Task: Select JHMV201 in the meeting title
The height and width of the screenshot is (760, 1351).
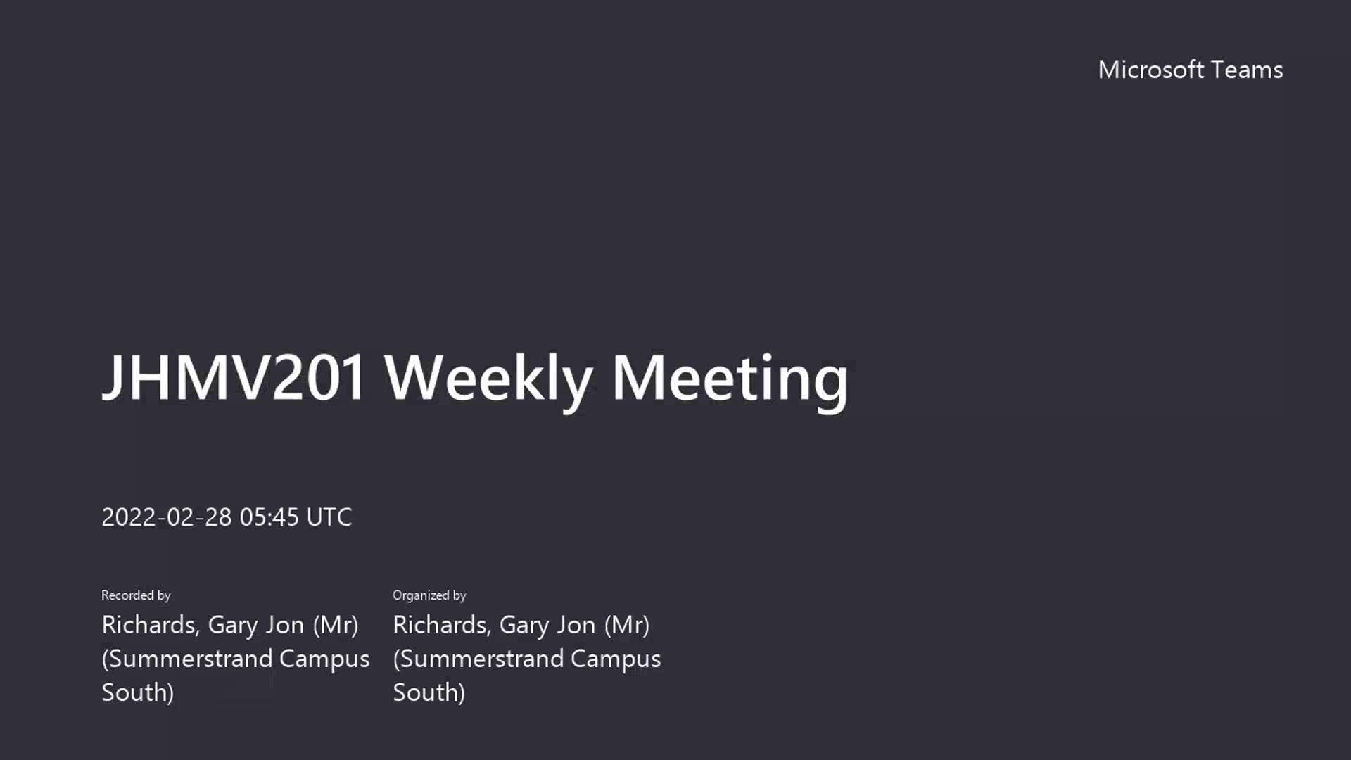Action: (234, 377)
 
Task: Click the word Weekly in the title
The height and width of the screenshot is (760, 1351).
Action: (488, 380)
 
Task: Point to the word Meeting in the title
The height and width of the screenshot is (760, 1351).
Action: (730, 380)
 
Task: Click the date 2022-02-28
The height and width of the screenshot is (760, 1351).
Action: (167, 517)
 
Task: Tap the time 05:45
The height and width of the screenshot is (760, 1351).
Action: (269, 517)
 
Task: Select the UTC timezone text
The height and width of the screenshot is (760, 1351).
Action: (329, 517)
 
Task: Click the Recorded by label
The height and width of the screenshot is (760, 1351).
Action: (136, 595)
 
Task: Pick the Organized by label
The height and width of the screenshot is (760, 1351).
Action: (429, 595)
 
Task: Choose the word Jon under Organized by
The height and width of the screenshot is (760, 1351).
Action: (576, 625)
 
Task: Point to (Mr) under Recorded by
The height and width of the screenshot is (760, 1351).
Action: (336, 625)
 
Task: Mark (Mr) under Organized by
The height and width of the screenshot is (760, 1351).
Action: (627, 625)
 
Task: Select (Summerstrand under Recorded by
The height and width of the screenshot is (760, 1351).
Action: (187, 659)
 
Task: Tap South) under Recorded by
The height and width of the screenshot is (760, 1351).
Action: (138, 692)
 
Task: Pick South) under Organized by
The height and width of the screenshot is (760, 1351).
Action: (429, 692)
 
